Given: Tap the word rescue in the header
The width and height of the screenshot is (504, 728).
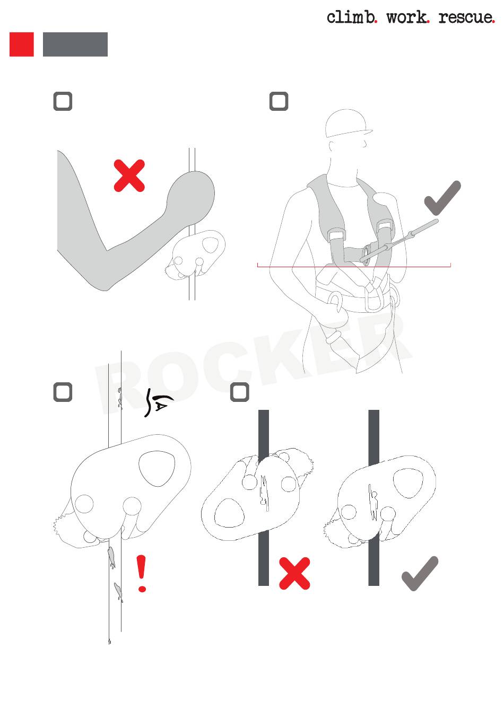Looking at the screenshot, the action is coord(466,18).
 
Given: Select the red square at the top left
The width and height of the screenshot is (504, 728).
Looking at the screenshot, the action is coord(21,44).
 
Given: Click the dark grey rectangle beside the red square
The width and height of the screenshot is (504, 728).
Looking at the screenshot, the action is coord(75,44).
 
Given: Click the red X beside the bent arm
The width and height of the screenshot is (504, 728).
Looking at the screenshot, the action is coord(129,176).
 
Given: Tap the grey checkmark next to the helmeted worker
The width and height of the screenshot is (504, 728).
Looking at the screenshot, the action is coord(442,198).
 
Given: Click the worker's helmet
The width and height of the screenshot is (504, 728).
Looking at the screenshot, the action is coord(348,124).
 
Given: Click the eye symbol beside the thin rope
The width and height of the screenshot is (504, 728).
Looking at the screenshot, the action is coord(158,402).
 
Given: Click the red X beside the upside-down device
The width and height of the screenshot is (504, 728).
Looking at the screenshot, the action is coord(294,573).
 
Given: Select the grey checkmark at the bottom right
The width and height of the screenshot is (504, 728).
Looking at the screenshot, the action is coord(420,573).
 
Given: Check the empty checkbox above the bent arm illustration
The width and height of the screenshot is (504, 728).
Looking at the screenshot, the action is coord(63,101).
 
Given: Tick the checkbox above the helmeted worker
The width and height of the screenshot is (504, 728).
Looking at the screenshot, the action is coord(279,101).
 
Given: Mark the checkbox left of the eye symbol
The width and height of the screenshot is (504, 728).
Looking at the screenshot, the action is coord(63,392).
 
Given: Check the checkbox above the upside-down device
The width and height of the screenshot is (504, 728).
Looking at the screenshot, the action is coord(240,392).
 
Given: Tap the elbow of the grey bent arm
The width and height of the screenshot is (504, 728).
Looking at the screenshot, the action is coord(103,285).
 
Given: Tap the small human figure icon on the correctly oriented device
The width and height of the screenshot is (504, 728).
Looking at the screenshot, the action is coord(373,501).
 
